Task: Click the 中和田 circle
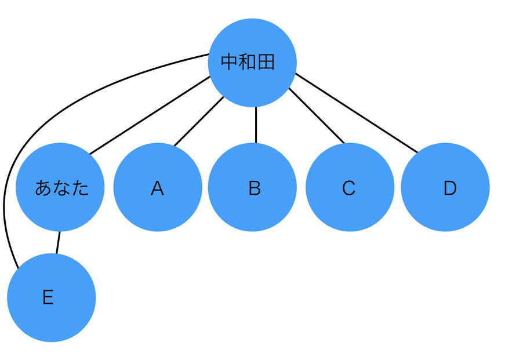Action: coord(252,63)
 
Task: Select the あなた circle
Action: coord(60,187)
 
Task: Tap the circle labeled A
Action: coord(158,187)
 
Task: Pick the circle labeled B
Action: coord(252,187)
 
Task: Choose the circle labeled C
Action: coord(350,187)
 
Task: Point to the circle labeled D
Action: coord(445,187)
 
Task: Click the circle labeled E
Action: coord(52,297)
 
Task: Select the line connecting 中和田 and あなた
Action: coord(150,115)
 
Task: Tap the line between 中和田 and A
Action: coord(199,121)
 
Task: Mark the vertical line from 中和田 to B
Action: coord(256,125)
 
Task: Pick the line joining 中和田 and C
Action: coord(317,115)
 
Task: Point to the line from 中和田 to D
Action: coord(357,113)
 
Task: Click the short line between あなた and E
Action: coord(58,242)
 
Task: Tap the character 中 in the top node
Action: coord(230,62)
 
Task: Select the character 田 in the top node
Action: coord(266,62)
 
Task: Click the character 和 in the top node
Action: coord(248,62)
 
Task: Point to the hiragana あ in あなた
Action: coord(43,188)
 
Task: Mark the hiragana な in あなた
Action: coord(62,188)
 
